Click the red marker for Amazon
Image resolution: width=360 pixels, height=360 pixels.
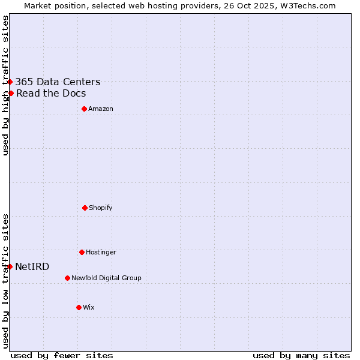pos(84,109)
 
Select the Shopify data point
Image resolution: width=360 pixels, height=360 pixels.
pos(85,208)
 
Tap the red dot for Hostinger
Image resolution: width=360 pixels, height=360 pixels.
pos(82,252)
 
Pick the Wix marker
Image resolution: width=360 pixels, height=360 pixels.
pos(79,307)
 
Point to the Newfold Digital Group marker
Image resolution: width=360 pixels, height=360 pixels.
pos(67,278)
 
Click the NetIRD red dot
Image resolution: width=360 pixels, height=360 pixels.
pos(10,266)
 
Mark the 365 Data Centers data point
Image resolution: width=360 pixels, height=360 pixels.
pos(10,82)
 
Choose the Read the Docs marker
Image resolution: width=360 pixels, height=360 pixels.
pos(11,93)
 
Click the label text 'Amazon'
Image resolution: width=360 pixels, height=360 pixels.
pos(101,109)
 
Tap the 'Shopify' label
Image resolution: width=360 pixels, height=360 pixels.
pos(101,208)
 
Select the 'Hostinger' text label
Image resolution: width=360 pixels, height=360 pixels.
pos(101,252)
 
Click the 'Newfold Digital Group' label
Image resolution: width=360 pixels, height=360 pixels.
pos(106,278)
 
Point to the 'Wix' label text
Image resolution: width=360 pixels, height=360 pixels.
pos(89,307)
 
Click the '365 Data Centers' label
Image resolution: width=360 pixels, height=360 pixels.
pos(58,82)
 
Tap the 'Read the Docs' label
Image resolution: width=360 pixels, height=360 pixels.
pos(51,94)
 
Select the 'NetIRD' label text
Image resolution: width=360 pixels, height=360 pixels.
pos(32,267)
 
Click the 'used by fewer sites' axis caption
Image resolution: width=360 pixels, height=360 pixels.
pos(62,355)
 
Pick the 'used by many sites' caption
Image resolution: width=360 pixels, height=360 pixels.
pos(301,355)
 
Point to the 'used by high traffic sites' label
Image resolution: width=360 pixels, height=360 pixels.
pos(5,85)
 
